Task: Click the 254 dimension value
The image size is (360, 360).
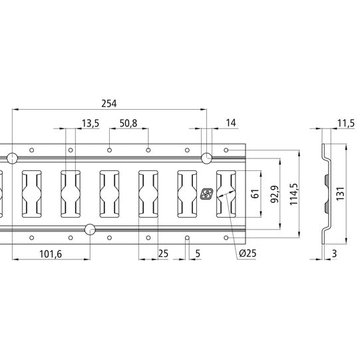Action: coord(109,104)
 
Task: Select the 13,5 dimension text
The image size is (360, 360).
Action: coord(90,123)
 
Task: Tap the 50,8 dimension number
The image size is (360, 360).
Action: coord(128,123)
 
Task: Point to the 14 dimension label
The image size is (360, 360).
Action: coord(231,123)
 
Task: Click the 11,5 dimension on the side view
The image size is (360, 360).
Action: coord(346,123)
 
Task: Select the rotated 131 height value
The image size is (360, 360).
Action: coord(341,194)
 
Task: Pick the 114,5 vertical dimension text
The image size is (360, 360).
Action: coord(293,194)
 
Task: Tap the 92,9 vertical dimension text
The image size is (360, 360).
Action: coord(275,194)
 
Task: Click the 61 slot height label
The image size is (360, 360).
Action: coord(255,194)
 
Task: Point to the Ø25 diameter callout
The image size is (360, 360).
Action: coord(248,254)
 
